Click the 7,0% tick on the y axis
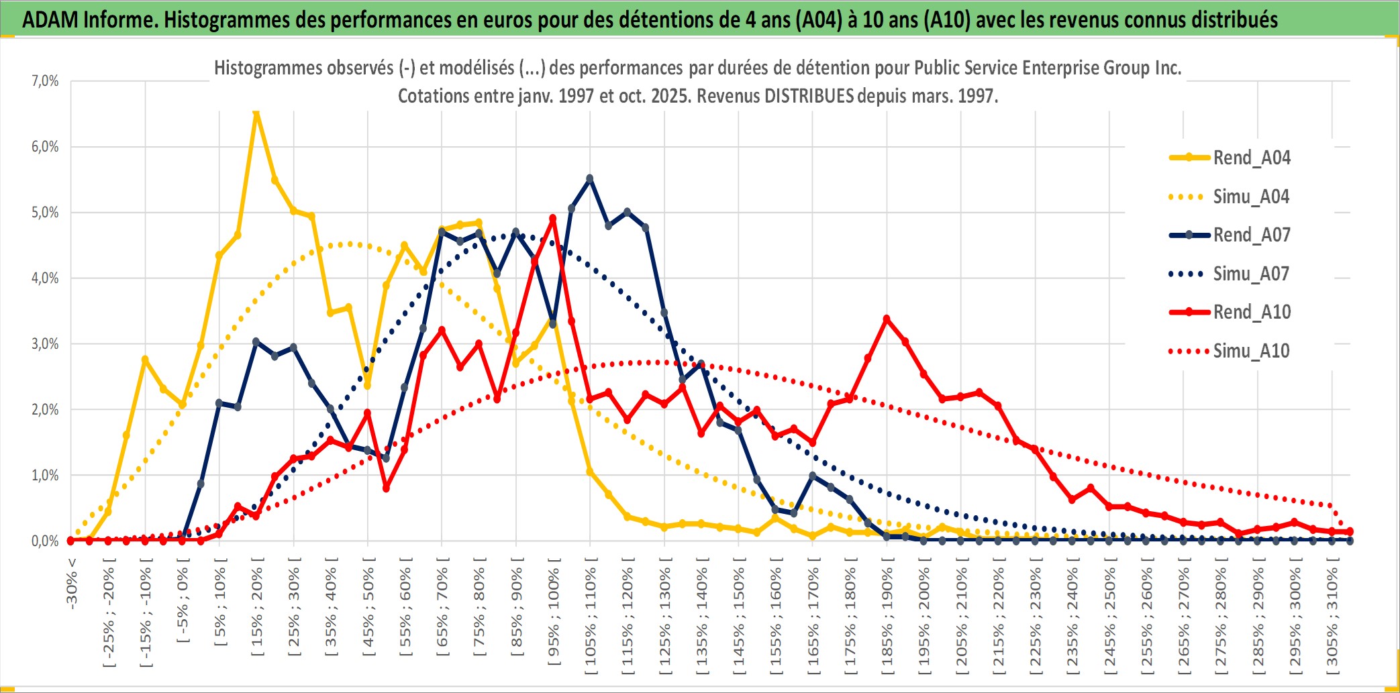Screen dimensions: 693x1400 (x=45, y=81)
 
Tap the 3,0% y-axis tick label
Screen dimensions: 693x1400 (x=45, y=344)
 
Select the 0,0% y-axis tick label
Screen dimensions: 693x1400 (x=45, y=541)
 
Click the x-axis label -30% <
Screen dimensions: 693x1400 (x=72, y=582)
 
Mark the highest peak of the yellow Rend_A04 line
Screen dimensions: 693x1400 (x=256, y=113)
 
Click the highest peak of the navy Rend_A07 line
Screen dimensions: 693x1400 (x=590, y=178)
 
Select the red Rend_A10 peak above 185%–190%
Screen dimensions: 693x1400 (x=887, y=319)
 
